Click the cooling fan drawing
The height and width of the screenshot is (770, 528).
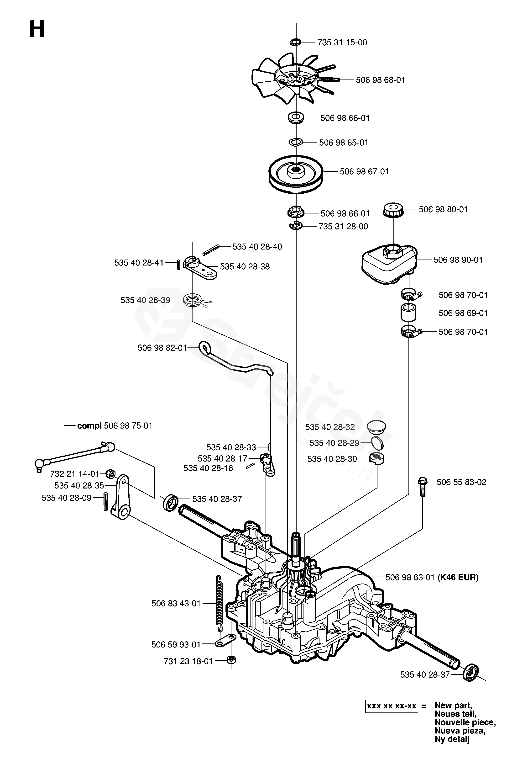click(291, 80)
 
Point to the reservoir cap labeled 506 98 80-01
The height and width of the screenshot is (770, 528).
click(393, 210)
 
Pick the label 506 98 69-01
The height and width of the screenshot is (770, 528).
click(463, 313)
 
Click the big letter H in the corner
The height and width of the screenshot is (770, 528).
click(37, 29)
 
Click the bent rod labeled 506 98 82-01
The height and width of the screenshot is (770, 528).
click(238, 361)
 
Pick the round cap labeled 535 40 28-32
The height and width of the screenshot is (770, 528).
click(376, 426)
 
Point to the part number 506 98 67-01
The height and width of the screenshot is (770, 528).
click(364, 172)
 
